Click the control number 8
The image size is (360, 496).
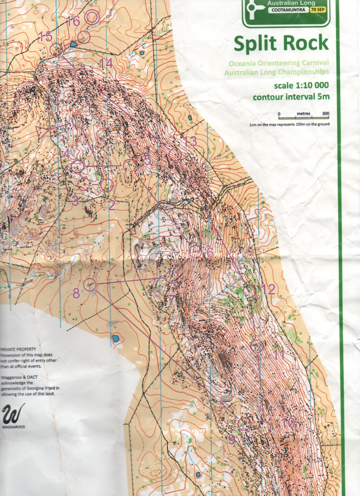tap(76, 293)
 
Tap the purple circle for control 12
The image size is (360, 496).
tap(249, 291)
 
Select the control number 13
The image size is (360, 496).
tap(191, 142)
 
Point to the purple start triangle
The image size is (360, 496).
tap(44, 133)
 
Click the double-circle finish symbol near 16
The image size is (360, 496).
tap(92, 17)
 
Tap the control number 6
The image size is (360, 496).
tap(210, 253)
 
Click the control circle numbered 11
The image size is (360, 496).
tap(257, 346)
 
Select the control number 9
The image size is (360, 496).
tap(231, 440)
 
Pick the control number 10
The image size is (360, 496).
tap(288, 423)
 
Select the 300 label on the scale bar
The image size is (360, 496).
tap(325, 114)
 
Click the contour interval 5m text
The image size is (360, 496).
tap(291, 97)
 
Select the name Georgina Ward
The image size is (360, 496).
tap(42, 388)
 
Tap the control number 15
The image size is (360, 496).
tap(45, 37)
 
